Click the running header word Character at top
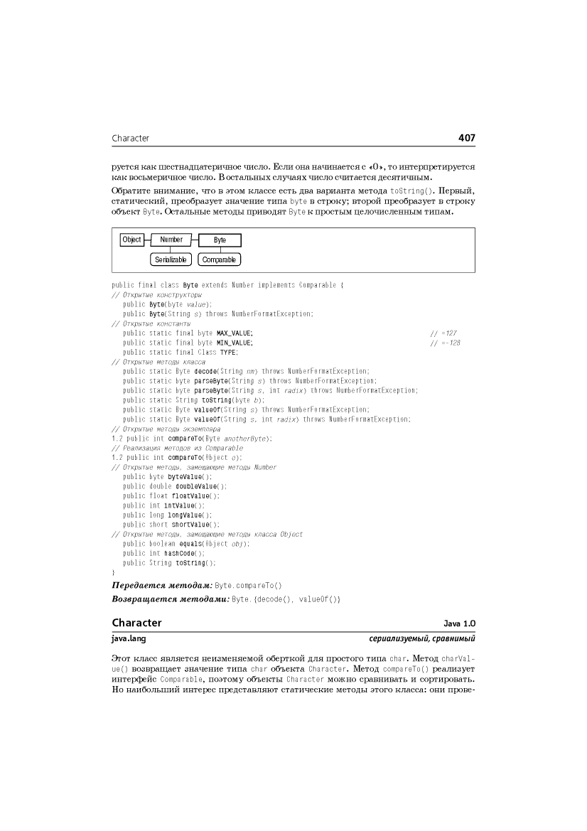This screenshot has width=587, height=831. click(131, 138)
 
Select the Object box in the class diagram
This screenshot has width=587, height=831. click(131, 240)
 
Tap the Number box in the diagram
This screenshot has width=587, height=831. click(171, 240)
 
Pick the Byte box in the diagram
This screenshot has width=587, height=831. click(220, 240)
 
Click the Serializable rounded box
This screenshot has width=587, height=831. click(171, 260)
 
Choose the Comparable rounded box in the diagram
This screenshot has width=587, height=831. click(219, 260)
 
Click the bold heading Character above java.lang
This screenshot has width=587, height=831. click(136, 623)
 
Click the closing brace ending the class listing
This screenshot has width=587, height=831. click(114, 572)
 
